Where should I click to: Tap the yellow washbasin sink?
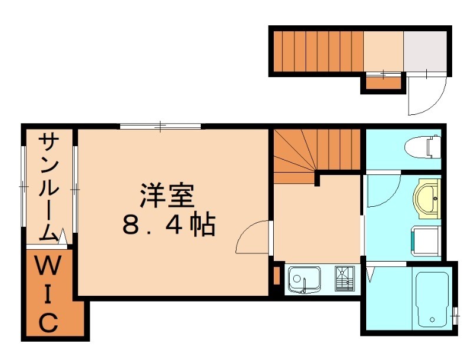click(427, 199)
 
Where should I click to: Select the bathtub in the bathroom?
click(432, 300)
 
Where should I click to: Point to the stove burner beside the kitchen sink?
click(344, 279)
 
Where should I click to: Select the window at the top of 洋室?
click(160, 125)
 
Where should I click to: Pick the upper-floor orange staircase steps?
click(319, 51)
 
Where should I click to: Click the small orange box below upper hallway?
click(383, 83)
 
